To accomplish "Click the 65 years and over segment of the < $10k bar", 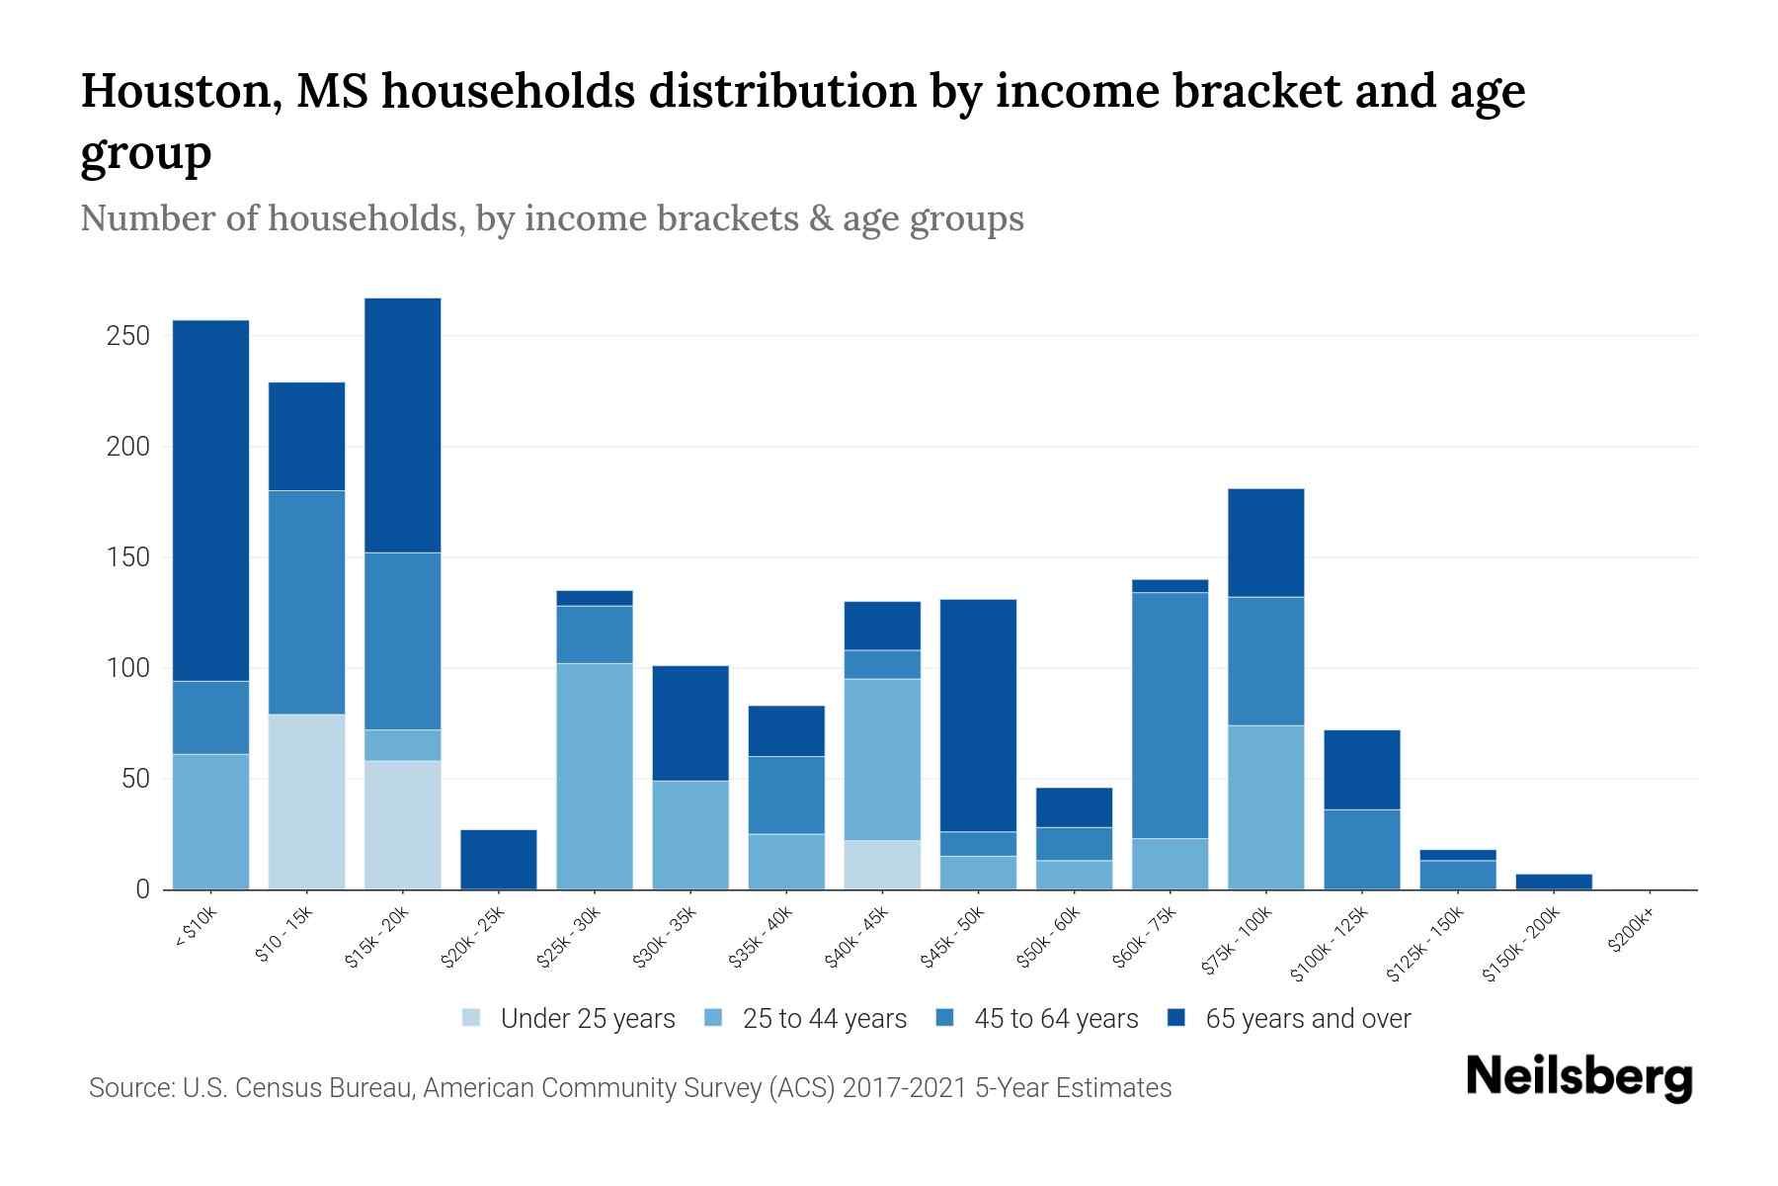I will coord(210,500).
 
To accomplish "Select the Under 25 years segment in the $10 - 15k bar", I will coord(306,802).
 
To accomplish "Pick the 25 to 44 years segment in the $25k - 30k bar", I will coord(595,776).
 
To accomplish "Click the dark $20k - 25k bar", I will coord(499,859).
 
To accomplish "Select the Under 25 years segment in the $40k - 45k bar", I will coord(882,865).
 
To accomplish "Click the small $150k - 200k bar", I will coord(1554,882).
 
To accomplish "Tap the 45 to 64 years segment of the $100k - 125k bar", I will coord(1361,849).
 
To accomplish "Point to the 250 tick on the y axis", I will coord(127,336).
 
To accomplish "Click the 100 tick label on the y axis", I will coord(127,668).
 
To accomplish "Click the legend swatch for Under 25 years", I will coord(472,1018).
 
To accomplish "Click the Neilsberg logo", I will coord(1578,1077).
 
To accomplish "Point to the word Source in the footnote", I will coord(128,1088).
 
